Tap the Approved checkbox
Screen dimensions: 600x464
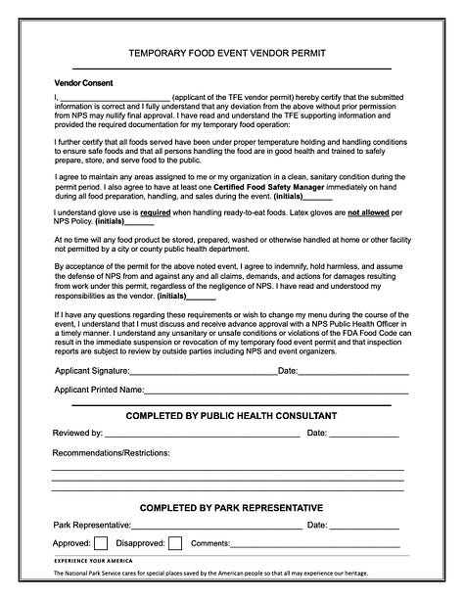[x=101, y=543]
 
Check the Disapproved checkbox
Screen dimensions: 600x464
[x=175, y=543]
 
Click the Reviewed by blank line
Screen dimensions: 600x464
[x=201, y=434]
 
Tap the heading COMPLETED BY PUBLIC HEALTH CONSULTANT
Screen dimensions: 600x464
[x=231, y=416]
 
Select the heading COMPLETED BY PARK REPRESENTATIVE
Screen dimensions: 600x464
[x=231, y=508]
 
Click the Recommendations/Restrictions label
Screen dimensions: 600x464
[x=111, y=453]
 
